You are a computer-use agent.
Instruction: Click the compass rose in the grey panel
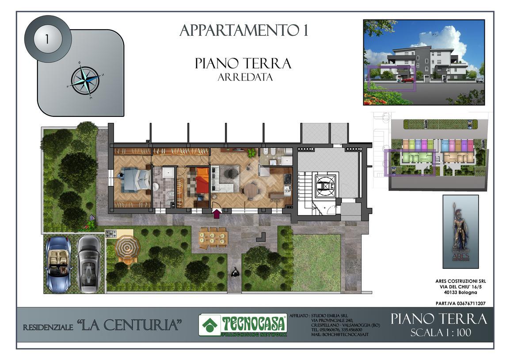click(86, 80)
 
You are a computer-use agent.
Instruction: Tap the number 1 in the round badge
click(47, 39)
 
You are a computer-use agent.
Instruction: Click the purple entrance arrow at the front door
click(217, 214)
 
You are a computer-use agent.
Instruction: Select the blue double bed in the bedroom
click(136, 179)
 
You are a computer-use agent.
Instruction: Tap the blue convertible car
click(58, 264)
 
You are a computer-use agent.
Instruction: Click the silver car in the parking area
click(89, 264)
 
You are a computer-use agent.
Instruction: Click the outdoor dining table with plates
click(213, 237)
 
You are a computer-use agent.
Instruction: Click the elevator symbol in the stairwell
click(325, 185)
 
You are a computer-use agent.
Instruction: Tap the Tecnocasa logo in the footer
click(243, 325)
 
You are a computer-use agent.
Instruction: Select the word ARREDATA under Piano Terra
click(245, 77)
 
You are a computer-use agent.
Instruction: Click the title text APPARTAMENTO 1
click(244, 31)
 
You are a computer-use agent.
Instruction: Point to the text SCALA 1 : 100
click(441, 333)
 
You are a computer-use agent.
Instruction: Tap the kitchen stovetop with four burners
click(288, 179)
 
